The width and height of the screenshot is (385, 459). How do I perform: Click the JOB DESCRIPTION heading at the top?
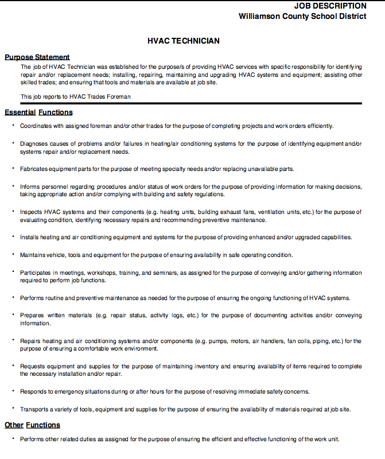coord(330,6)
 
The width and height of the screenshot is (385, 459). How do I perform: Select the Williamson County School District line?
coord(302,16)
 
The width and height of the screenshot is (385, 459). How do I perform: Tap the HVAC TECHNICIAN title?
coord(184,41)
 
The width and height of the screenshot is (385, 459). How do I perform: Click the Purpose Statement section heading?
coord(37,57)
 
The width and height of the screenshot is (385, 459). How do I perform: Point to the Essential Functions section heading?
coord(38,112)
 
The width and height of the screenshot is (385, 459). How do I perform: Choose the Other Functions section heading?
coord(32,425)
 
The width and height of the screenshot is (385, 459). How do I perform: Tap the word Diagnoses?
coord(34,143)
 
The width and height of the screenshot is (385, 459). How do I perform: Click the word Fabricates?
coord(34,169)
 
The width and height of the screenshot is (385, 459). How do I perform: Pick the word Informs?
coord(30,186)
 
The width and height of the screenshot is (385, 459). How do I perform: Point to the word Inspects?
coord(31,212)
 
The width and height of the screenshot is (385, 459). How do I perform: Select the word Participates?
coord(37,273)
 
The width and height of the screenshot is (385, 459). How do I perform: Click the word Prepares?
coord(33,315)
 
